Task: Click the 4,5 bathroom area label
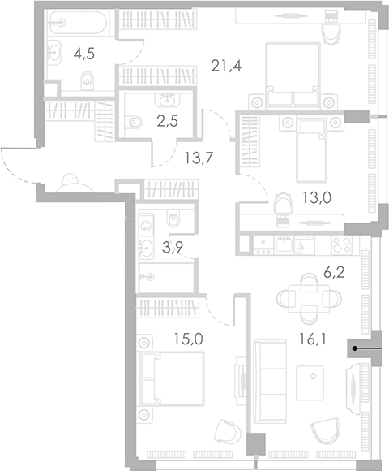84,54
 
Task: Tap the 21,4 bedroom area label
226,66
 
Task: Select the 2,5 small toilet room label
168,121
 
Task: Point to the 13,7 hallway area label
199,158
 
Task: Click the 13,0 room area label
317,197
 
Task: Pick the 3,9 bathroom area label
173,247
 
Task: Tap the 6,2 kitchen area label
334,273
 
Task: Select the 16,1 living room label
312,339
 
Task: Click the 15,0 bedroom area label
189,339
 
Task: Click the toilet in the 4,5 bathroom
88,81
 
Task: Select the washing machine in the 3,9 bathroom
147,226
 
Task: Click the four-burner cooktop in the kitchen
342,245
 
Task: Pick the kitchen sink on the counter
284,244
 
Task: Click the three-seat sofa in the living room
270,382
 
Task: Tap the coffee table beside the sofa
310,383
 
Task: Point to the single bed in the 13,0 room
310,150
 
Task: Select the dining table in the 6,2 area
309,299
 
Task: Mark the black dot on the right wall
354,348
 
